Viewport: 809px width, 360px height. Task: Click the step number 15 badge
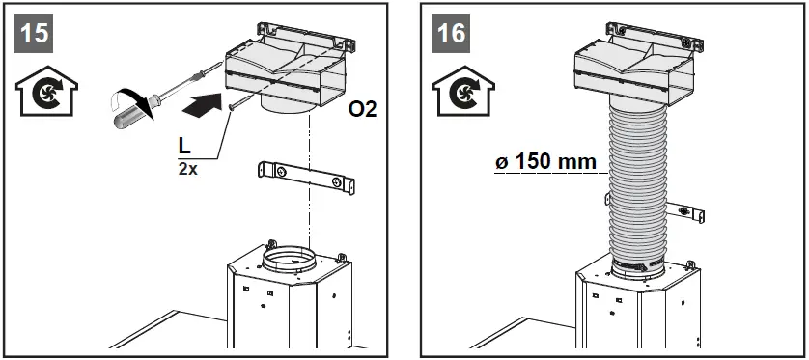click(x=35, y=33)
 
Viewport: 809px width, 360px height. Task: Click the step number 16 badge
click(x=450, y=33)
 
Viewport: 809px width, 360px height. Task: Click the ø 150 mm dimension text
click(x=543, y=161)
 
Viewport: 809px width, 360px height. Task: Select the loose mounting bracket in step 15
click(x=306, y=178)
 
